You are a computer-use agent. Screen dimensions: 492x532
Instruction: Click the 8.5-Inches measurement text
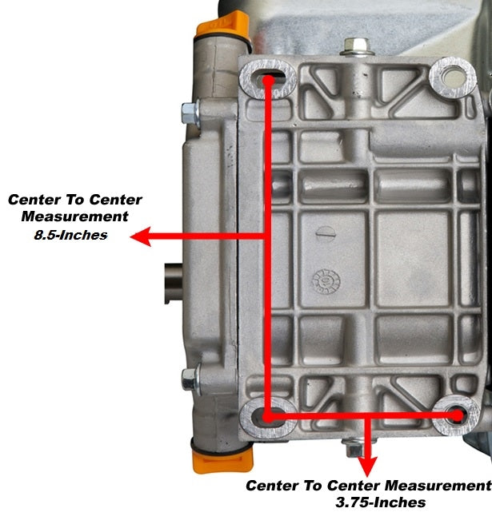pyautogui.click(x=70, y=235)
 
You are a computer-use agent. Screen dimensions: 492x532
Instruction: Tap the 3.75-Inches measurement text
pyautogui.click(x=381, y=502)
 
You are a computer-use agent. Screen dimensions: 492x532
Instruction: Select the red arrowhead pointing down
pyautogui.click(x=367, y=466)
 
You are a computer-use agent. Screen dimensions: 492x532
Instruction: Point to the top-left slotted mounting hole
pyautogui.click(x=269, y=79)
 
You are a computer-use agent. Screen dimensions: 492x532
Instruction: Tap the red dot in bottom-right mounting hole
pyautogui.click(x=458, y=415)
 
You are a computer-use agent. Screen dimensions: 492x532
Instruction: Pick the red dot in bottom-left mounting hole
pyautogui.click(x=268, y=417)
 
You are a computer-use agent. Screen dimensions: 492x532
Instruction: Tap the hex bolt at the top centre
pyautogui.click(x=357, y=46)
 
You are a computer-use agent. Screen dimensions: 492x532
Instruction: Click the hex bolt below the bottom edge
pyautogui.click(x=355, y=449)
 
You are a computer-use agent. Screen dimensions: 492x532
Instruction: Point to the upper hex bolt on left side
pyautogui.click(x=191, y=113)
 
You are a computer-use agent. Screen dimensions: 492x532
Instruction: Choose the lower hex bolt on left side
pyautogui.click(x=191, y=380)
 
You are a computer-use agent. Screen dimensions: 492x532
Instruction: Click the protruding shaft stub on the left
pyautogui.click(x=174, y=284)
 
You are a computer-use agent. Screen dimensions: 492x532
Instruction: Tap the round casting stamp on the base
pyautogui.click(x=326, y=282)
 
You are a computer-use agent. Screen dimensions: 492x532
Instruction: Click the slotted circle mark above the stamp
pyautogui.click(x=326, y=232)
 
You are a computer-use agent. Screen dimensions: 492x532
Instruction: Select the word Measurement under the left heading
pyautogui.click(x=74, y=216)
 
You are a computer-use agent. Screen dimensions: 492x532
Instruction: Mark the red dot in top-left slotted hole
pyautogui.click(x=268, y=81)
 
